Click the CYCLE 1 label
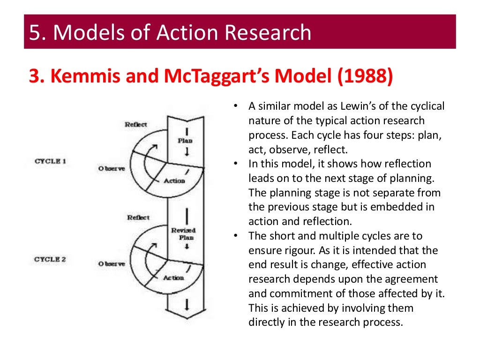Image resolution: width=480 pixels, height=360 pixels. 51,161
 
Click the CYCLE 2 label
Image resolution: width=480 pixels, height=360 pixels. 51,259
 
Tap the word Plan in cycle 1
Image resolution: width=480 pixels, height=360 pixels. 185,140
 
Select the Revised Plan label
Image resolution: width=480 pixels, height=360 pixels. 183,233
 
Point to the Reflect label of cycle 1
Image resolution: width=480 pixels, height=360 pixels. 136,124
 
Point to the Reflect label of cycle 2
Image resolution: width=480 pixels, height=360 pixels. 138,217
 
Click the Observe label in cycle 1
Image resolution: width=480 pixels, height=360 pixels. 112,168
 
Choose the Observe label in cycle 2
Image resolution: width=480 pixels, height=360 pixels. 112,264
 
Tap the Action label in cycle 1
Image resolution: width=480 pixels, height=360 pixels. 174,180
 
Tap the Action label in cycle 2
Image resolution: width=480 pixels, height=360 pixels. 173,277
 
